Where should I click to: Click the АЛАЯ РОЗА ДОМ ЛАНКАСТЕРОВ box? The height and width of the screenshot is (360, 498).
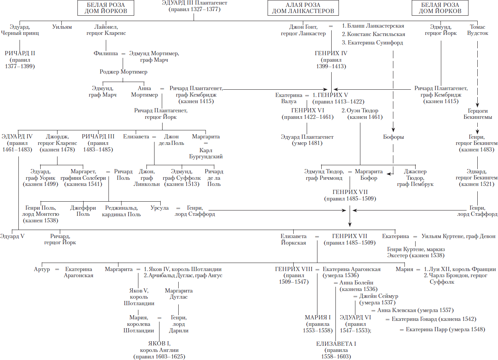(x=303, y=8)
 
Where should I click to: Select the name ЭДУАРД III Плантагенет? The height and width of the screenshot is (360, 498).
(x=194, y=3)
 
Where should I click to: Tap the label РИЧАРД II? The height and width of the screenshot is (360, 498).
(x=20, y=53)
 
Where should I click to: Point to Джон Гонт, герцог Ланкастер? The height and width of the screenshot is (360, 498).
(x=303, y=30)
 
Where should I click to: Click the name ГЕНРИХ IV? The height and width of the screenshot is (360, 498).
(x=331, y=53)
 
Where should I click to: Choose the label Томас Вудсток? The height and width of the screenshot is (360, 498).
(x=477, y=30)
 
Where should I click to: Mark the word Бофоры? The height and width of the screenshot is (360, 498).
(x=393, y=137)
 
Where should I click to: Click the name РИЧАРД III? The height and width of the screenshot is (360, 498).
(x=98, y=136)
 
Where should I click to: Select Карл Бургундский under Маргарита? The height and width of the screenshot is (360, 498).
(x=206, y=153)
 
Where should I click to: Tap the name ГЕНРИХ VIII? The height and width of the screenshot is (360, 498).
(x=294, y=269)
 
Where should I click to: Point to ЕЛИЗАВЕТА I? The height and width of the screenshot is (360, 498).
(x=336, y=344)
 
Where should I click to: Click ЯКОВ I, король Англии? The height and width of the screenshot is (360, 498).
(x=159, y=347)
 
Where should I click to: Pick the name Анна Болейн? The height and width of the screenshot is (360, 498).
(x=356, y=283)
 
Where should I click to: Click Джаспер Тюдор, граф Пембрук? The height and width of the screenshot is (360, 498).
(x=415, y=178)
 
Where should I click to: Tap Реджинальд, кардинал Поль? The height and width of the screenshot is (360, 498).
(x=122, y=211)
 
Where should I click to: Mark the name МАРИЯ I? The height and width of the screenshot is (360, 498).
(x=317, y=317)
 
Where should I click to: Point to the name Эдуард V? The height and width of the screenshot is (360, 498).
(x=12, y=236)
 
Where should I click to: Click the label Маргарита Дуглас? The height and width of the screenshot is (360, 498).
(x=179, y=294)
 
